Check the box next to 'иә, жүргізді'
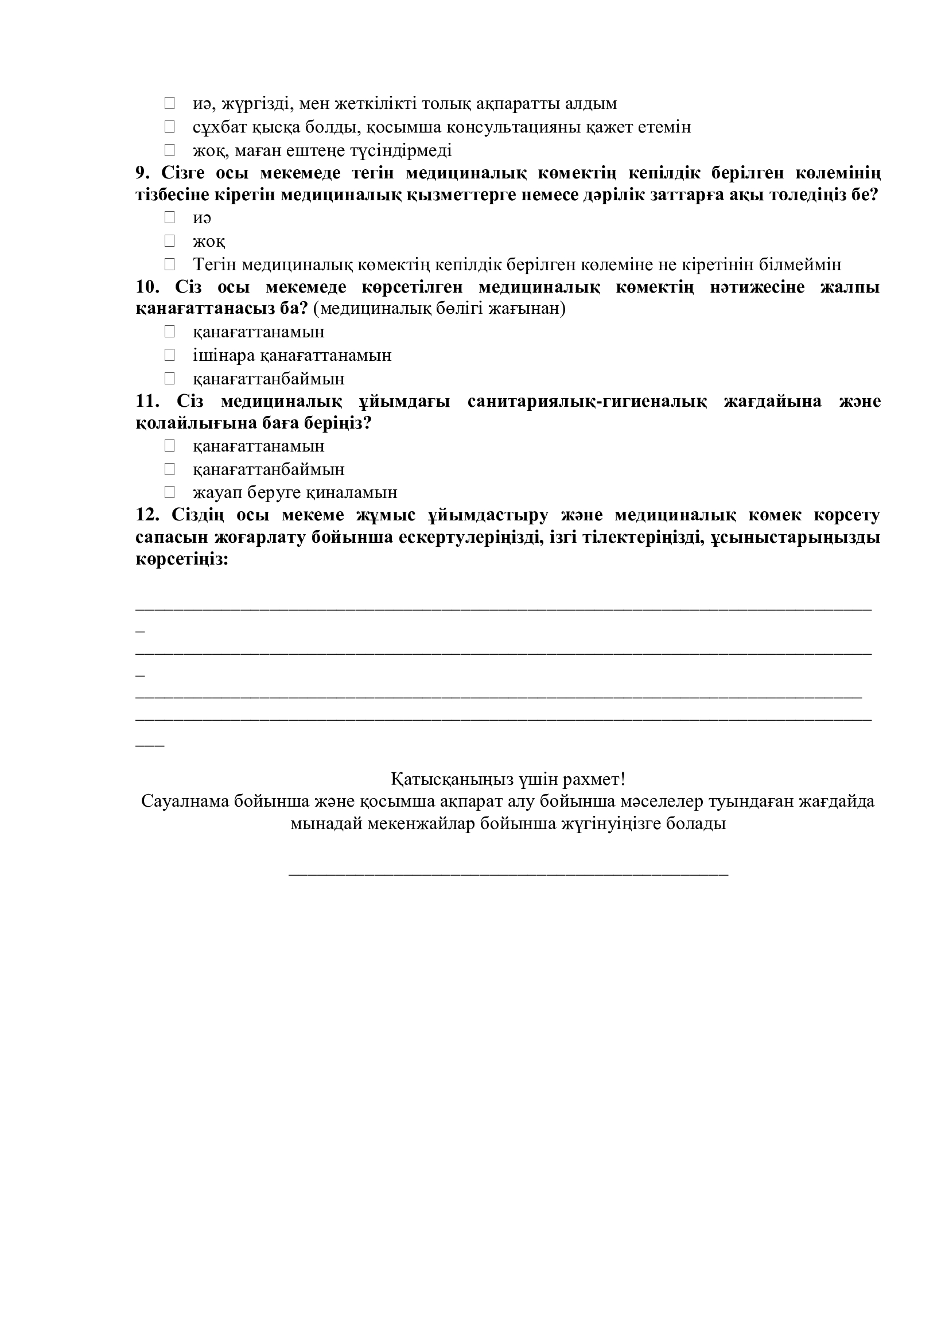coord(169,103)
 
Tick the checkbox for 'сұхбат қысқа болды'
coord(169,127)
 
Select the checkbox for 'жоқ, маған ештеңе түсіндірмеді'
coord(169,150)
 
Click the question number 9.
coord(143,173)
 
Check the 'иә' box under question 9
coord(169,217)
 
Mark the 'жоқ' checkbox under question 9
coord(169,241)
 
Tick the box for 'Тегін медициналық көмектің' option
coord(169,264)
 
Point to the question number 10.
coord(148,287)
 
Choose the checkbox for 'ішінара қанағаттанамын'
coord(169,355)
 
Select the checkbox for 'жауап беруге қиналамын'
coord(169,492)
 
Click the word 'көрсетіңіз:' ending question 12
coord(182,559)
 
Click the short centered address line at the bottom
coord(508,873)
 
